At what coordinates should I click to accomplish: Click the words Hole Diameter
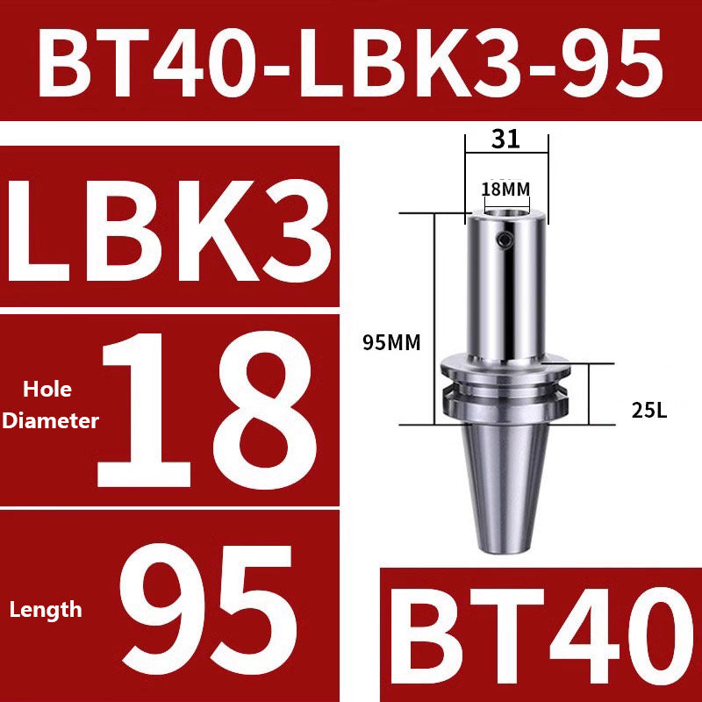click(x=50, y=405)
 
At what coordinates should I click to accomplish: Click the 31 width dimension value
click(x=506, y=139)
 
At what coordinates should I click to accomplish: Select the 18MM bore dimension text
click(x=505, y=189)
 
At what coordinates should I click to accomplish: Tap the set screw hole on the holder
click(x=502, y=240)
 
